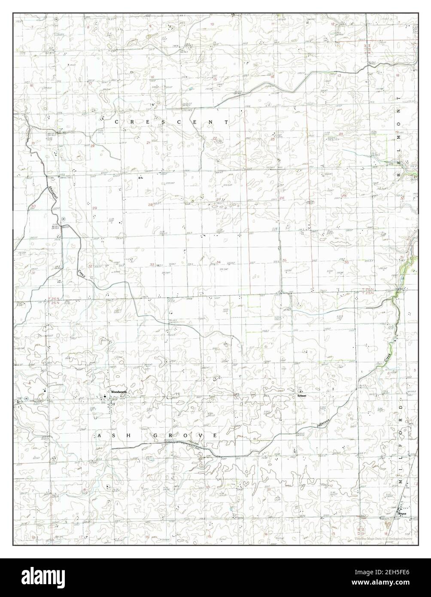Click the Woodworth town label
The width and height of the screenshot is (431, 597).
pyautogui.click(x=118, y=392)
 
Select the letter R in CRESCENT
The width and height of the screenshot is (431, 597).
pyautogui.click(x=128, y=122)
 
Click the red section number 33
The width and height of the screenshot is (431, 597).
pyautogui.click(x=152, y=265)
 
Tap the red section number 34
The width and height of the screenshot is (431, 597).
pyautogui.click(x=219, y=262)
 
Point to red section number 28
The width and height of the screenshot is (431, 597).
pyautogui.click(x=151, y=204)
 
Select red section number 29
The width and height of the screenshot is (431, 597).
pyautogui.click(x=94, y=208)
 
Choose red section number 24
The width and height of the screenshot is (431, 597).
pyautogui.click(x=340, y=134)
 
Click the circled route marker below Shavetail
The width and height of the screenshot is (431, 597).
pyautogui.click(x=63, y=218)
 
